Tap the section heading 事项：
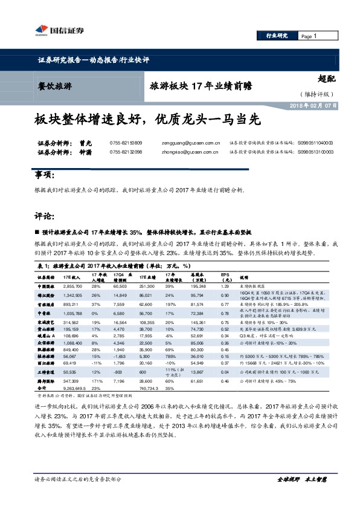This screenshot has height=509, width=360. point(45,175)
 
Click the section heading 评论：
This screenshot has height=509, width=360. point(45,215)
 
